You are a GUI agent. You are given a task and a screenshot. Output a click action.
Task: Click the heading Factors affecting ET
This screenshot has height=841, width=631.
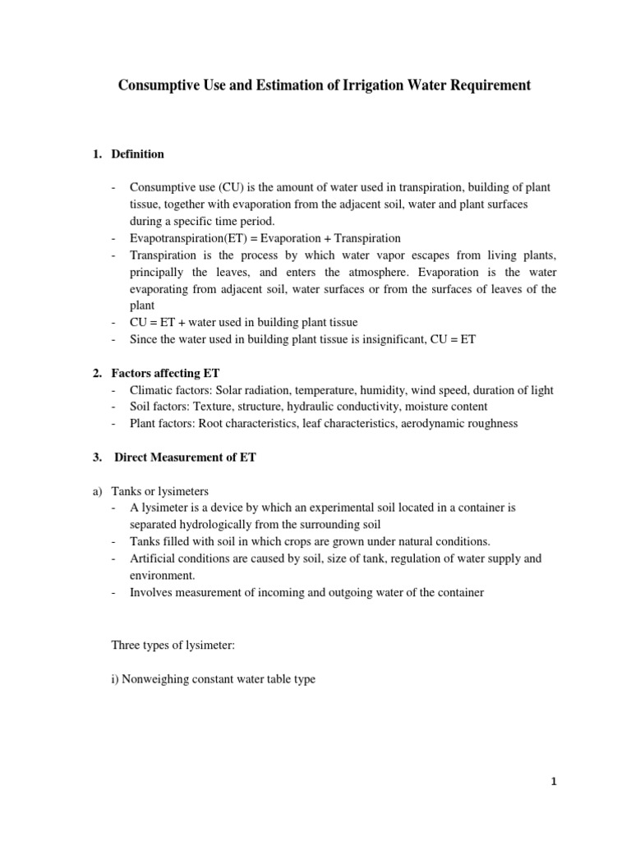[165, 373]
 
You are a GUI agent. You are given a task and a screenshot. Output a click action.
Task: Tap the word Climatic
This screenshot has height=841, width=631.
[152, 390]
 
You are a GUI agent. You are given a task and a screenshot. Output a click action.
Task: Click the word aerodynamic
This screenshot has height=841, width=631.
[421, 424]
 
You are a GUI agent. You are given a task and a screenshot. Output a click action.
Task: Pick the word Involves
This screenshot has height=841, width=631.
[151, 592]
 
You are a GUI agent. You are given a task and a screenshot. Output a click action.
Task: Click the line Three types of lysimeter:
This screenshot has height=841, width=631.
[173, 646]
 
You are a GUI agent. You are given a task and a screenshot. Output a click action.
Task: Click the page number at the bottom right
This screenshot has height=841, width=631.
[554, 782]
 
